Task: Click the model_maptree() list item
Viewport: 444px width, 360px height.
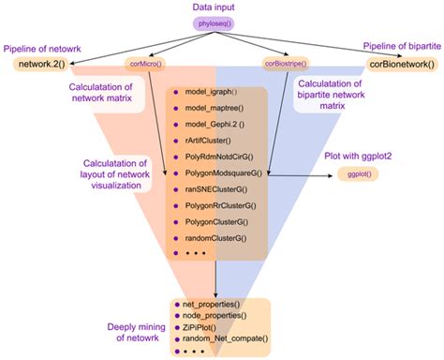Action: point(214,117)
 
